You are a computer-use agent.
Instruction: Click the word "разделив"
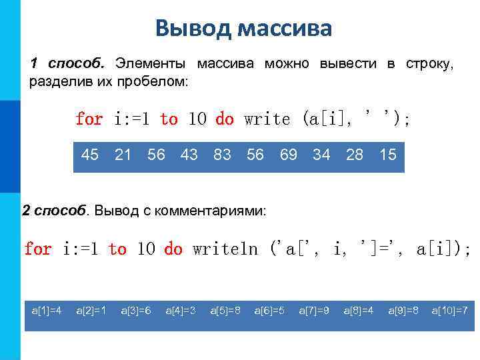coord(61,81)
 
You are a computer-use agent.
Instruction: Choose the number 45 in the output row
coord(90,155)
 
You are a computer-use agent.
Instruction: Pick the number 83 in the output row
coord(222,155)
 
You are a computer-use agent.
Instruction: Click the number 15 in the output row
coord(387,155)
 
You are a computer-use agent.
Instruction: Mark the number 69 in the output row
coord(288,155)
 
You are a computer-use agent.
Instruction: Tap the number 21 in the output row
coord(123,155)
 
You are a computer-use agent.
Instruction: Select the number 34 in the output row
coord(321,155)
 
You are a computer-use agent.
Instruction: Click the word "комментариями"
coord(219,211)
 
